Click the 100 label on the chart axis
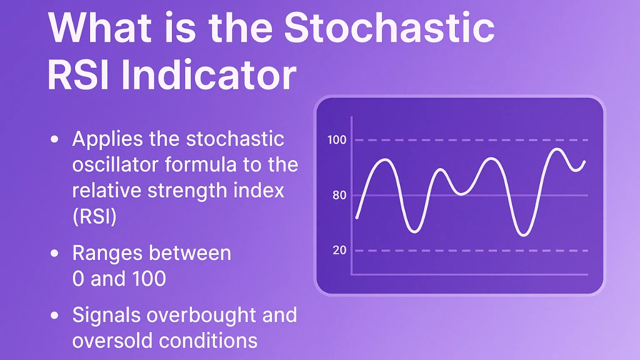336,140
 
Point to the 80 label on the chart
339,195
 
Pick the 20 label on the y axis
339,250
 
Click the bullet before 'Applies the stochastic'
55,140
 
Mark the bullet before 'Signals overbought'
55,316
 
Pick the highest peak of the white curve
556,149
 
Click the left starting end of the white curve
356,217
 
